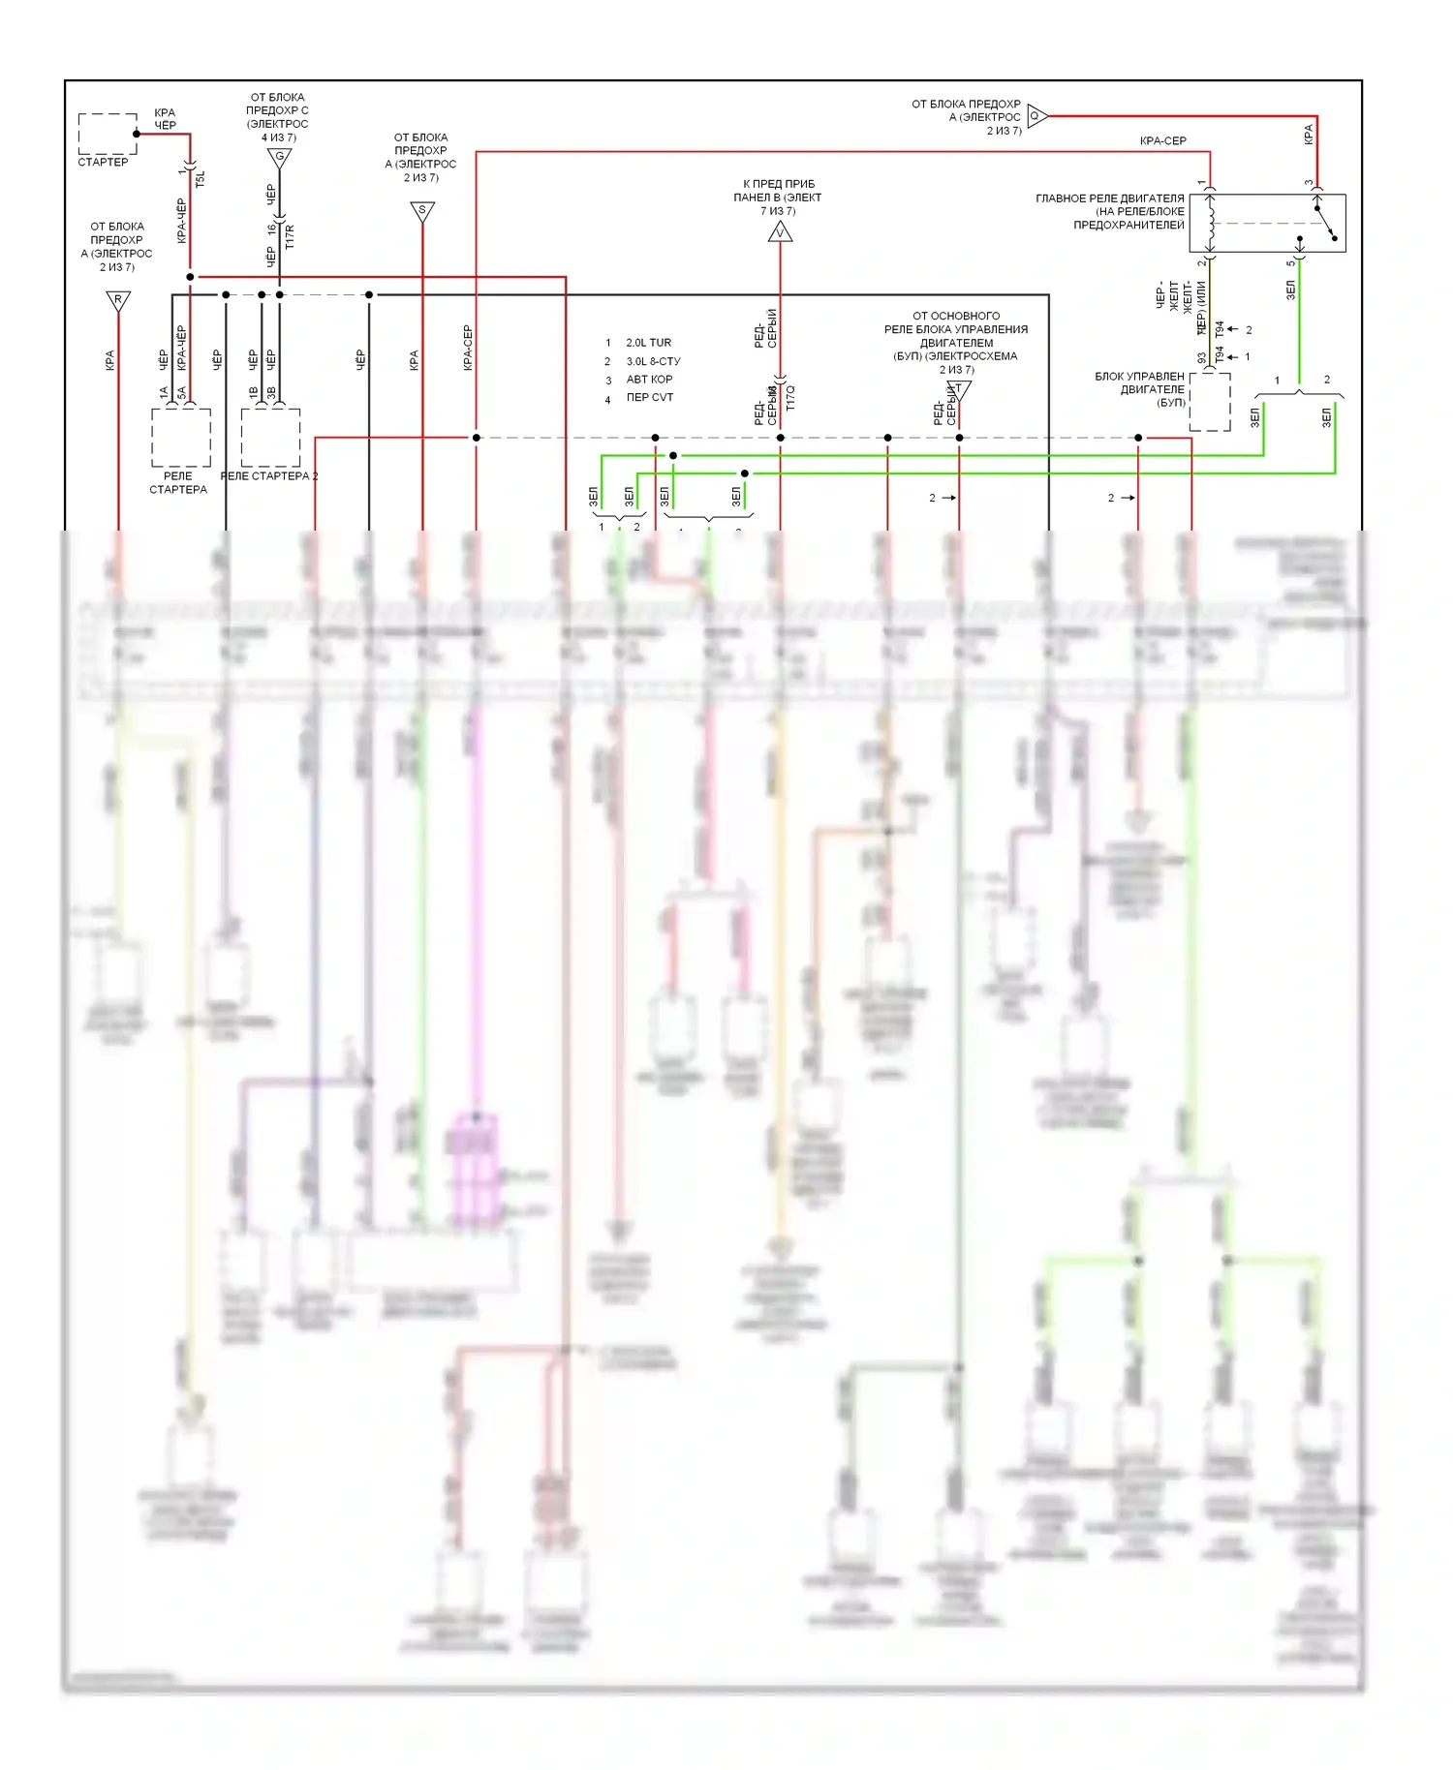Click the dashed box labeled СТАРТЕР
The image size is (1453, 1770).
click(x=107, y=134)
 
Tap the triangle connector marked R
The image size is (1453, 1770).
click(x=118, y=300)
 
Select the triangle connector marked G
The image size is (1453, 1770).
click(x=280, y=157)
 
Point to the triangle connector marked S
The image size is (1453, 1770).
click(x=422, y=210)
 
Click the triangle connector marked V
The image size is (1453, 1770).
click(x=780, y=232)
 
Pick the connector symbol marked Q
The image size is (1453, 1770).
click(x=1036, y=116)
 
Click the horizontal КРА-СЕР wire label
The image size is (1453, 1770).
click(x=1162, y=141)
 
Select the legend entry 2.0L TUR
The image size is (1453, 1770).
click(x=648, y=343)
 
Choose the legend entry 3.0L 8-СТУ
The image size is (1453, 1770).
click(x=653, y=361)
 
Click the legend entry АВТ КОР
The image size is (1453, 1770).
click(x=649, y=380)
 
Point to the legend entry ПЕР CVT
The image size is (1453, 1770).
click(x=649, y=398)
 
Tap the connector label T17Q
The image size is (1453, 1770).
click(x=790, y=398)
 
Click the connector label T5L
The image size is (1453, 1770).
click(x=201, y=178)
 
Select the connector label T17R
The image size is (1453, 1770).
click(x=289, y=237)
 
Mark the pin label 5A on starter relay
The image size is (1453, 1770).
click(x=181, y=393)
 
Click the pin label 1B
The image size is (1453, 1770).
click(x=254, y=393)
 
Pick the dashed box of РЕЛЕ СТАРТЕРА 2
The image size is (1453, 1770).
click(x=270, y=437)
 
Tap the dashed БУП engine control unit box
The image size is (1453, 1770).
click(x=1209, y=401)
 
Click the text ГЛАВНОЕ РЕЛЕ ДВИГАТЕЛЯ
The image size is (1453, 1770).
click(x=1109, y=198)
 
